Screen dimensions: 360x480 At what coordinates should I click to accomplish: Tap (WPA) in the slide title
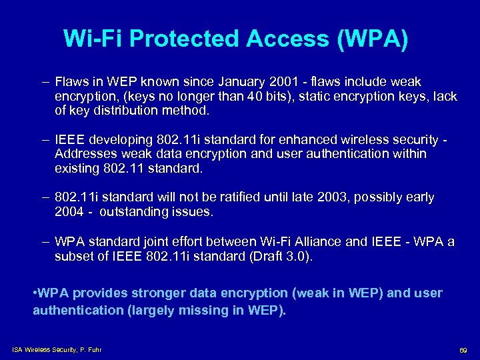click(373, 39)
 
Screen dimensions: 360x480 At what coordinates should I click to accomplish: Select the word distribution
click(125, 110)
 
